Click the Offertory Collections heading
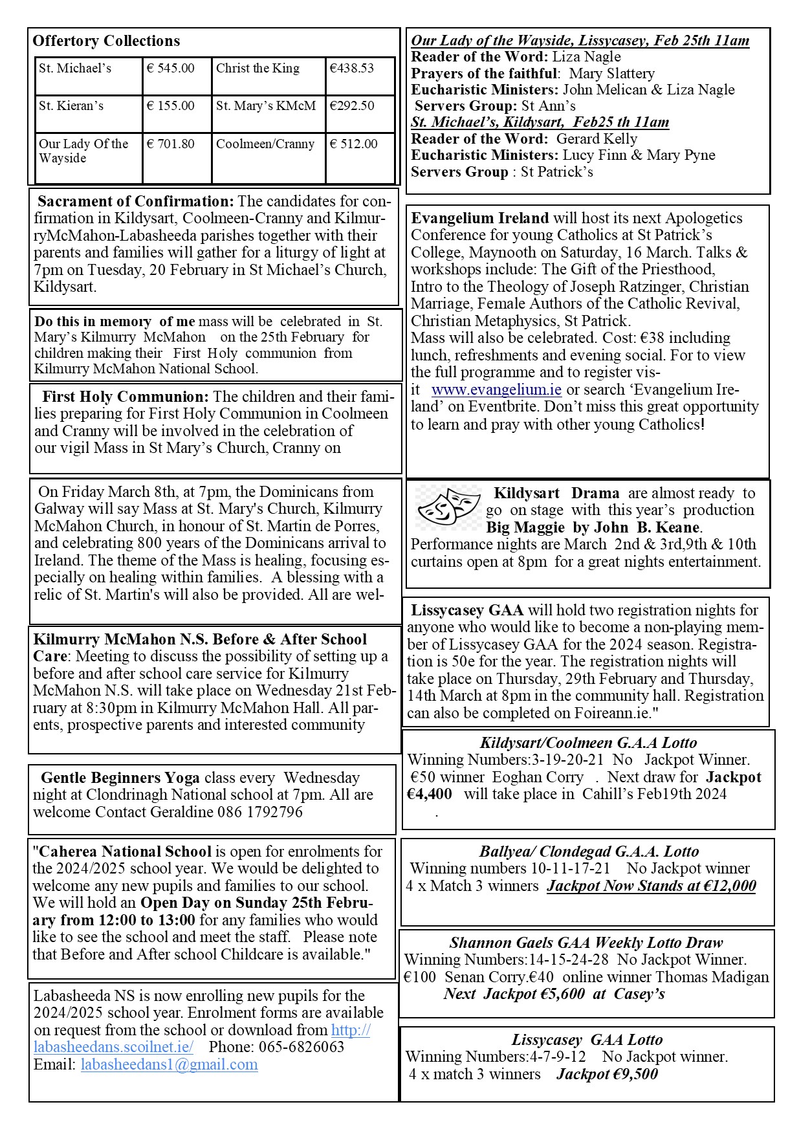tap(106, 41)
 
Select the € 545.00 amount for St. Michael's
tap(170, 69)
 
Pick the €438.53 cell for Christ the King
tap(351, 69)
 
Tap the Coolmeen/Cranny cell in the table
tap(265, 144)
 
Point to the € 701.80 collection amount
tap(170, 144)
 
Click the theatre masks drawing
tap(448, 507)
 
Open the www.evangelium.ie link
tap(496, 390)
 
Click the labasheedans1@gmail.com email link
tap(169, 1064)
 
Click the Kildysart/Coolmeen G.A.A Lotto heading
tap(588, 743)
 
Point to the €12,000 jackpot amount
tap(728, 886)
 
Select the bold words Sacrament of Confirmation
tap(135, 201)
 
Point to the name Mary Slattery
tap(611, 74)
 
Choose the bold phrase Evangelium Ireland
tap(480, 218)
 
